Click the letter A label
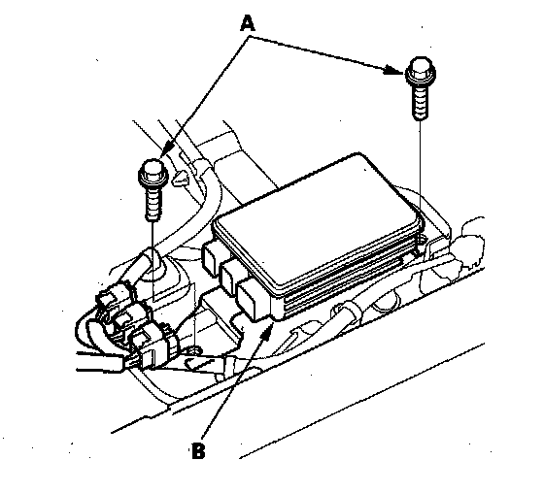[248, 24]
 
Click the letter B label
[198, 450]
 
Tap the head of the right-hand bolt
[421, 72]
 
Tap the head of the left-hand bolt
[153, 174]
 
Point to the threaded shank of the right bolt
[421, 103]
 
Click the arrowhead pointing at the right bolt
[394, 70]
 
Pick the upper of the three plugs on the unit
[211, 256]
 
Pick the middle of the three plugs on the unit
[231, 276]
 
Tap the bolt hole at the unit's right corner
[421, 239]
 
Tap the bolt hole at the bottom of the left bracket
[195, 351]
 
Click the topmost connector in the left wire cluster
[112, 297]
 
